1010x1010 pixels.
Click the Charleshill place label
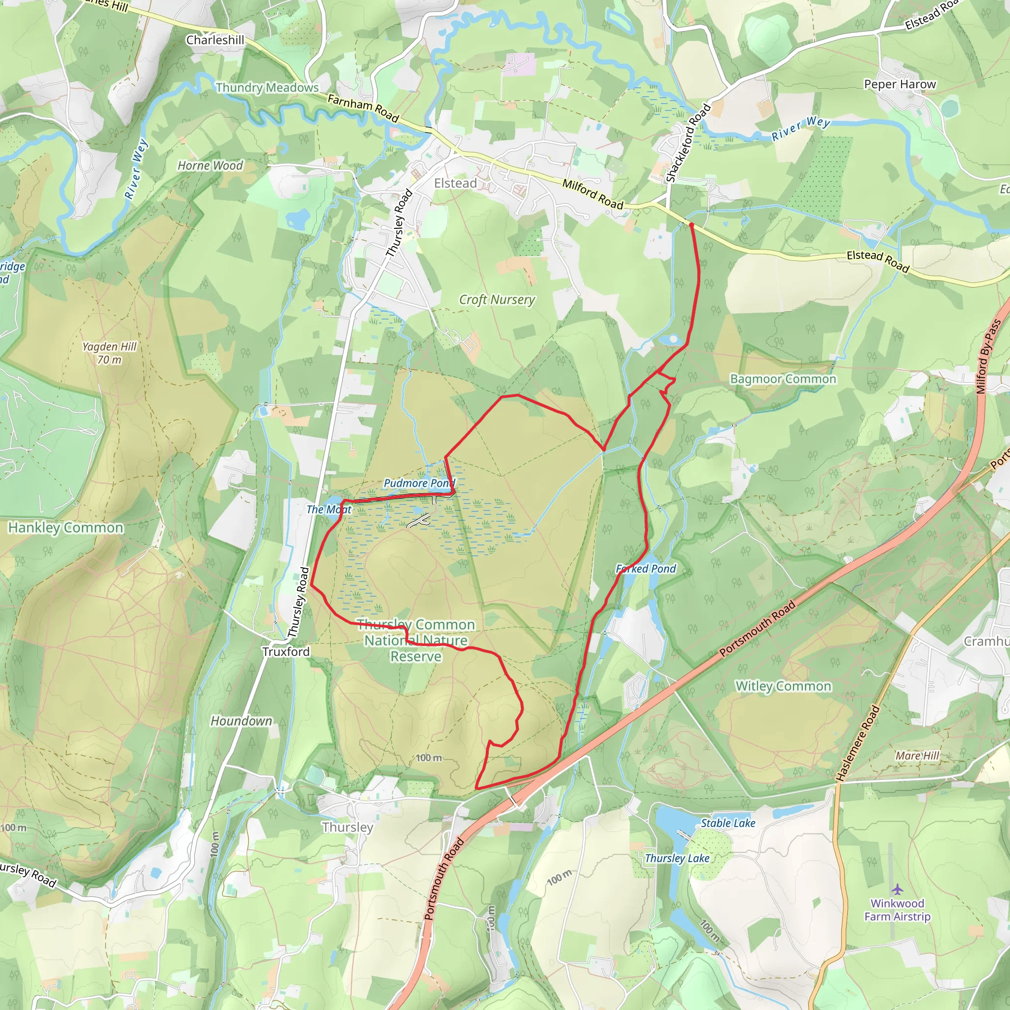tap(215, 40)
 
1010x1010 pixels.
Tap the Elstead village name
tap(455, 183)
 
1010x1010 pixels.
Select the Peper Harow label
tap(900, 84)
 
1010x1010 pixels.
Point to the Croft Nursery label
tap(497, 299)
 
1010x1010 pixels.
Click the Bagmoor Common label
tap(783, 379)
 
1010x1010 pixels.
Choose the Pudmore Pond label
tap(419, 483)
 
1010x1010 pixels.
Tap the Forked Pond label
tap(646, 569)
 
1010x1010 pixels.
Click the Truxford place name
tap(286, 651)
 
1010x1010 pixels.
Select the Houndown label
tap(241, 721)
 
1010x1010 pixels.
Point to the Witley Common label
tap(783, 686)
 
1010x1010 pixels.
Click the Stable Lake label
tap(728, 823)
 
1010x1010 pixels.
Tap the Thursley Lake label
tap(677, 858)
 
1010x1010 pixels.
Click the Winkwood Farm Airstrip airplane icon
tap(898, 889)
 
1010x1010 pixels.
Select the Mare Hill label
tap(917, 756)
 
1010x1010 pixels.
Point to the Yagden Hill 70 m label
tap(109, 353)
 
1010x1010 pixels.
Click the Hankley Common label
tap(66, 528)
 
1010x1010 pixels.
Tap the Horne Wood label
tap(210, 166)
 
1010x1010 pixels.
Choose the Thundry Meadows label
tap(267, 87)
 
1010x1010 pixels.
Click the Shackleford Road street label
tap(688, 143)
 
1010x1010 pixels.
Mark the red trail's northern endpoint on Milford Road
tap(691, 225)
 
